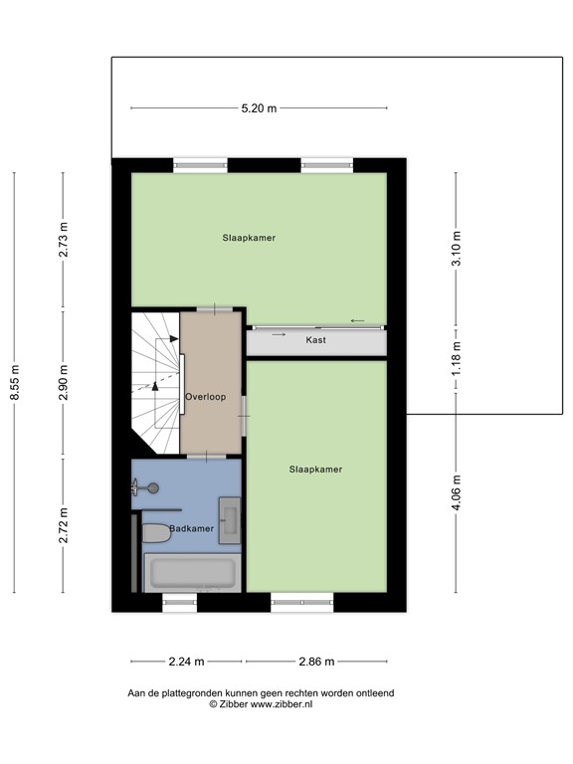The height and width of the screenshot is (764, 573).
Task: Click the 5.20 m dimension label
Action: pyautogui.click(x=259, y=107)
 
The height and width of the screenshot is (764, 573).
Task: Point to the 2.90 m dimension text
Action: pyautogui.click(x=64, y=383)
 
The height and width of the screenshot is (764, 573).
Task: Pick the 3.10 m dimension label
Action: pyautogui.click(x=457, y=244)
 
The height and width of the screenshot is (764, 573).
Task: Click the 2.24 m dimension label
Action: pyautogui.click(x=186, y=661)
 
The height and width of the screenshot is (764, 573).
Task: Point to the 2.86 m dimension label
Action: pyautogui.click(x=315, y=661)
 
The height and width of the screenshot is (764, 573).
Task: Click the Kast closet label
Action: pyautogui.click(x=316, y=340)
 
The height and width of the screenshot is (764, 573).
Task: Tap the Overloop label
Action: pyautogui.click(x=206, y=397)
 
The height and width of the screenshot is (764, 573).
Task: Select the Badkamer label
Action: pyautogui.click(x=191, y=528)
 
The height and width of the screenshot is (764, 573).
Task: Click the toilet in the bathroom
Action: pyautogui.click(x=157, y=534)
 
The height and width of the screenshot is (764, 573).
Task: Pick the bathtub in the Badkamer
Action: pyautogui.click(x=191, y=574)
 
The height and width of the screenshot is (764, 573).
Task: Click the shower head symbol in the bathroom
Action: pyautogui.click(x=149, y=487)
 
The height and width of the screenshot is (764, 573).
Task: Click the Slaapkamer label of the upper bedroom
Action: pyautogui.click(x=249, y=238)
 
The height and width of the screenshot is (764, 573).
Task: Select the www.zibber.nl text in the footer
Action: pyautogui.click(x=281, y=703)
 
